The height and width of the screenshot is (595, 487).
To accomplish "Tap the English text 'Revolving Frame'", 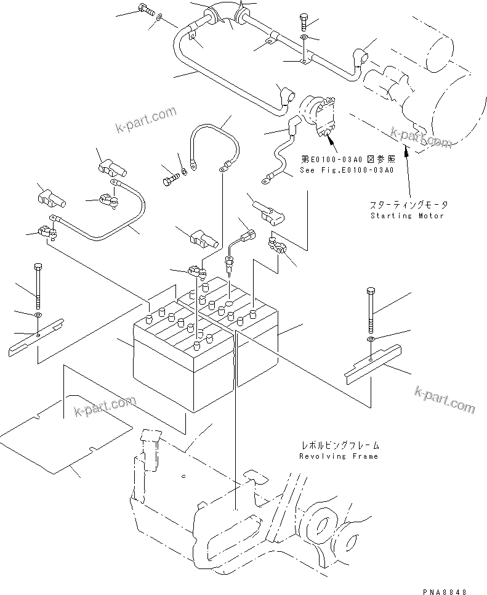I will [x=339, y=456].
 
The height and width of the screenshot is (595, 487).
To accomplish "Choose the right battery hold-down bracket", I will [x=376, y=363].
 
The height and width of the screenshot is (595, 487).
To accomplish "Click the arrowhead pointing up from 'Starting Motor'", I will [x=404, y=151].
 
